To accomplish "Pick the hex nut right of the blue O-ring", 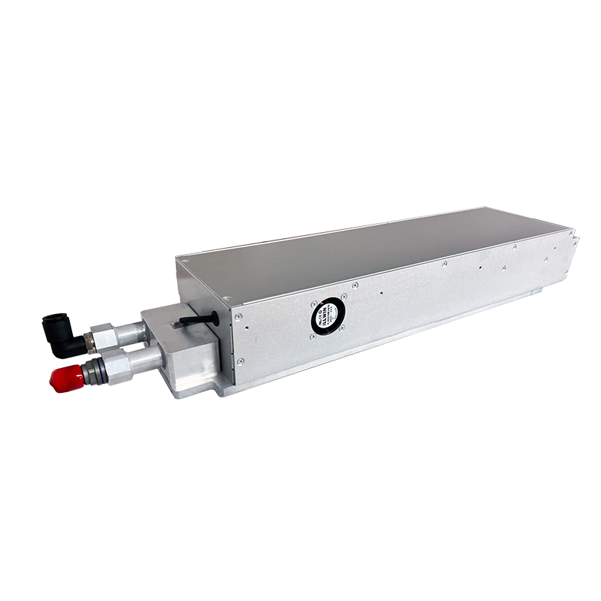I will click(x=115, y=364).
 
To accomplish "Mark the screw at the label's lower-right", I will click(x=343, y=329).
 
